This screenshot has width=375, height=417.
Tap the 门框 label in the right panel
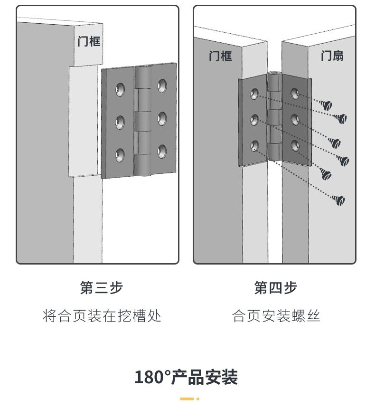click(x=220, y=56)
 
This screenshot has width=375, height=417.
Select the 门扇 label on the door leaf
click(x=332, y=56)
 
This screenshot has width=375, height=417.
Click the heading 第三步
click(x=102, y=287)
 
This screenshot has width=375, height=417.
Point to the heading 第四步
click(x=276, y=287)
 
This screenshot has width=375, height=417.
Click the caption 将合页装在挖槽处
click(x=102, y=316)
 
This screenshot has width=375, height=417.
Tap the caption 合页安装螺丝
click(x=276, y=316)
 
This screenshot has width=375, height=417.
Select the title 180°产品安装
click(x=186, y=377)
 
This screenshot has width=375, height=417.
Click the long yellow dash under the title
click(x=187, y=399)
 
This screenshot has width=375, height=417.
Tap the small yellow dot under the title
click(x=198, y=399)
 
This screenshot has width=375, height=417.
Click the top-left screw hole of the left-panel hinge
click(x=120, y=89)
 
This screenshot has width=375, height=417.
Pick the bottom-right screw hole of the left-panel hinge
click(x=162, y=152)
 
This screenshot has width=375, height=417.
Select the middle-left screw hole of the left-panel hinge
click(x=120, y=122)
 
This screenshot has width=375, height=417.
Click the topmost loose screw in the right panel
click(x=326, y=105)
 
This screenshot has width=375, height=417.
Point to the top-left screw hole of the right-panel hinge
click(x=254, y=94)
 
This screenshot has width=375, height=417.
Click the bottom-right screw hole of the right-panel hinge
click(x=295, y=145)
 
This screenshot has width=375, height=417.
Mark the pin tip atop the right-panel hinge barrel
click(x=273, y=72)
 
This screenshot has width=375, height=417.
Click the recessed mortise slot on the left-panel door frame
click(x=84, y=121)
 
